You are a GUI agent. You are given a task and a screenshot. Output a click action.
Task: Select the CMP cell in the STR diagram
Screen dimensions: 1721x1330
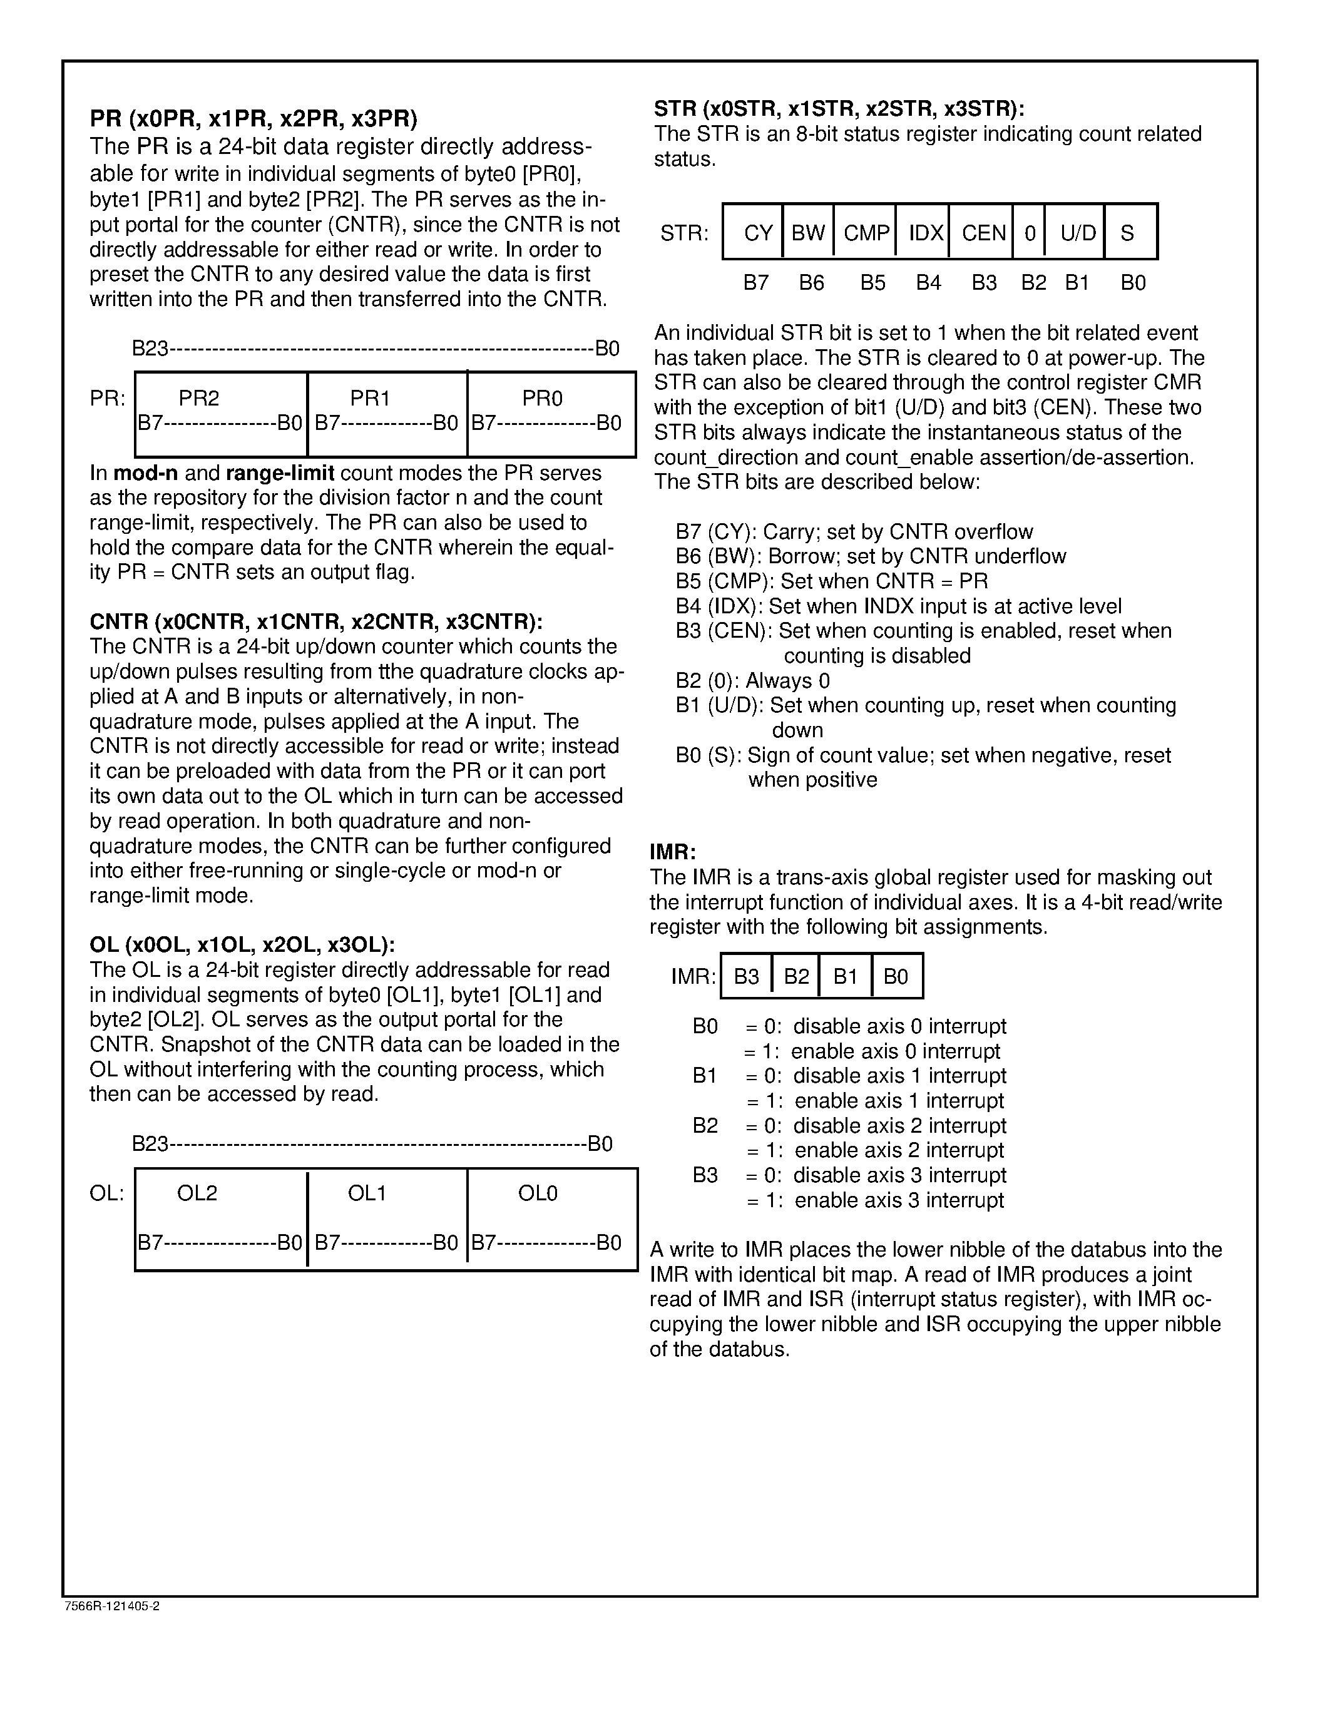[x=866, y=232]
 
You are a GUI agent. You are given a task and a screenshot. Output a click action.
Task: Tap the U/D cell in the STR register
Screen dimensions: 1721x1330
[x=1077, y=232]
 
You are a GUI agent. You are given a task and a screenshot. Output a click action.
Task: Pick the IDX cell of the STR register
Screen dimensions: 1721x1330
[x=925, y=232]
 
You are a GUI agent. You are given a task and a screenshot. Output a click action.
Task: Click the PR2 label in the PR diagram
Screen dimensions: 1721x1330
[x=198, y=398]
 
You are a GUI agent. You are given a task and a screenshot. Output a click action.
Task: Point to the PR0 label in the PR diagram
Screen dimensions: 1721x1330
[x=542, y=398]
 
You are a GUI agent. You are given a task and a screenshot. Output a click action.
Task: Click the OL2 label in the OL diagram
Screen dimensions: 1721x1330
[x=197, y=1193]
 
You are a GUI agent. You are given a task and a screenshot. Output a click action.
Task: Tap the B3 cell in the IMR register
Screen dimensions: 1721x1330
[x=746, y=976]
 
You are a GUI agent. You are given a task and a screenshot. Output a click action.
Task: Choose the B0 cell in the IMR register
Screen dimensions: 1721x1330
[x=896, y=976]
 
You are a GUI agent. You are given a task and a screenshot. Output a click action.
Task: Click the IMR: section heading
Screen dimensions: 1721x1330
[x=673, y=852]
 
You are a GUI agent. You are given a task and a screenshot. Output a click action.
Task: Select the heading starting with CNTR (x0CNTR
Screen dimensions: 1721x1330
[x=316, y=621]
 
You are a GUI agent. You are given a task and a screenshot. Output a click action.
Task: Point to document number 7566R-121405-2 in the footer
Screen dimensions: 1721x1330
[x=112, y=1606]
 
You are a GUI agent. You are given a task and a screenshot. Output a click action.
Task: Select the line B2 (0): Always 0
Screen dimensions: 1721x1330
[x=752, y=681]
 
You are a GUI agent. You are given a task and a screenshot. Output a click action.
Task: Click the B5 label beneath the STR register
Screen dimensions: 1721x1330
[x=872, y=283]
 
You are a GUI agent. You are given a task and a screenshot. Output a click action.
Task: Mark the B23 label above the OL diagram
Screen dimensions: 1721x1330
[x=150, y=1143]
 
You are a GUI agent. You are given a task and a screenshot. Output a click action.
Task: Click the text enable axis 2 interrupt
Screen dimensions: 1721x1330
[x=899, y=1150]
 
